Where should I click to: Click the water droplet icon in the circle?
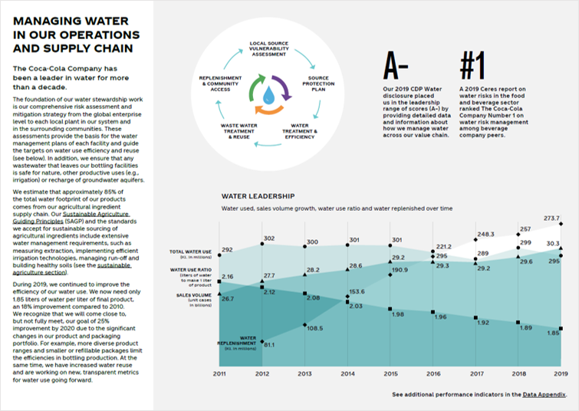click(268, 94)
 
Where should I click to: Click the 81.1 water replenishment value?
click(268, 344)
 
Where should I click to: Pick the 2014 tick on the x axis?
click(348, 373)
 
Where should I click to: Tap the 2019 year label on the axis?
click(561, 373)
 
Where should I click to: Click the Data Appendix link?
click(544, 394)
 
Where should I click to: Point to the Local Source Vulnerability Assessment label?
click(269, 48)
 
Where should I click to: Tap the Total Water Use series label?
click(191, 252)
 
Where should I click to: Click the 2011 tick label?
click(219, 373)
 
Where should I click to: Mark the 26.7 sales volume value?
click(227, 298)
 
